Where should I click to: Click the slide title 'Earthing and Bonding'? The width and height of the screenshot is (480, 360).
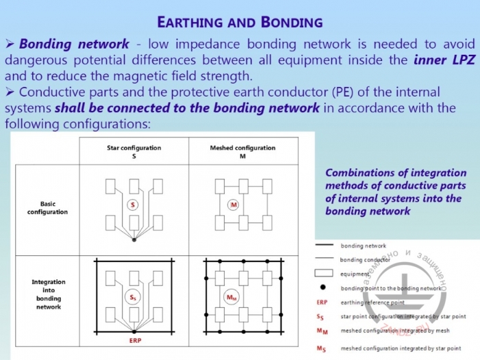point(240,21)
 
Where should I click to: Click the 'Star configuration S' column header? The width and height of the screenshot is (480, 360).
point(134,152)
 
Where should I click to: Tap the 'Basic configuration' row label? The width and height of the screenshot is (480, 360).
point(47,207)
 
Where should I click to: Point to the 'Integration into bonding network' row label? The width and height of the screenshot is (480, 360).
point(48,294)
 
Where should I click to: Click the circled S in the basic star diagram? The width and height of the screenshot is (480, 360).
point(134,205)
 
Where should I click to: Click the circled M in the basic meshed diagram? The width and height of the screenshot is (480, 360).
point(234,205)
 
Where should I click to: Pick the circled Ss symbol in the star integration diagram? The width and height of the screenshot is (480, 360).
point(134,298)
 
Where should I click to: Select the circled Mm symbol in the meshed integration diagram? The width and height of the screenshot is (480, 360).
point(234,298)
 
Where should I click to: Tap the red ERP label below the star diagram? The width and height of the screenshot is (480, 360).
point(134,339)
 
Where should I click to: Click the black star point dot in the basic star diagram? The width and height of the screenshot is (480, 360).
point(134,240)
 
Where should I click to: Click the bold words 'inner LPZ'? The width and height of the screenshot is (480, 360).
point(444,60)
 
